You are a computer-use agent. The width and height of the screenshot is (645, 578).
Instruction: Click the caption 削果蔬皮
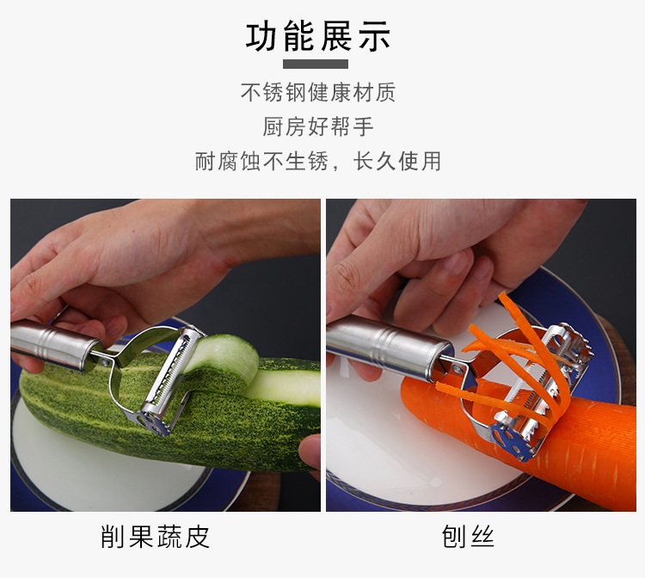[156, 538]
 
